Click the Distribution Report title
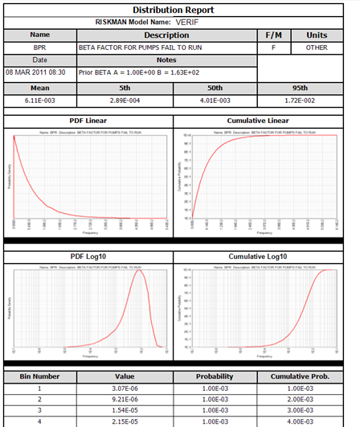[x=180, y=10]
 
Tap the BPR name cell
[x=40, y=47]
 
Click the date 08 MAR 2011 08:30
[x=39, y=72]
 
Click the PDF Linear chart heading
[x=89, y=121]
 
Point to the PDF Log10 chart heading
[x=89, y=257]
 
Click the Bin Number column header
[x=40, y=376]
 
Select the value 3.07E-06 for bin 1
[x=124, y=388]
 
